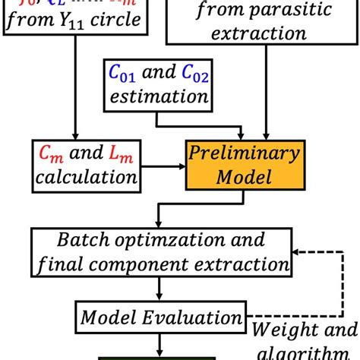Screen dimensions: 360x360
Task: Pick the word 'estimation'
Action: [x=158, y=97]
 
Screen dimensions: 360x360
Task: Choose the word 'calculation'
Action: [x=85, y=178]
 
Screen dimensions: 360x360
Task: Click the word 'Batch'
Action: [x=81, y=241]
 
